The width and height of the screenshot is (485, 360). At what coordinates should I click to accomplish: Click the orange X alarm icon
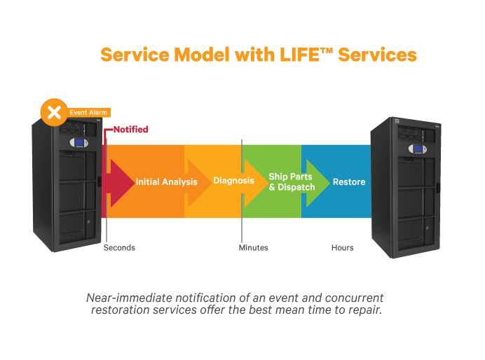point(53,113)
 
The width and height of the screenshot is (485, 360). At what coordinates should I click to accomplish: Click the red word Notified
point(131,130)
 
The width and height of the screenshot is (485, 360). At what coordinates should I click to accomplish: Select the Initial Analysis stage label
point(166,182)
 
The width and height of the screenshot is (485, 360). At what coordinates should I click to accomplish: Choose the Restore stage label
point(348,182)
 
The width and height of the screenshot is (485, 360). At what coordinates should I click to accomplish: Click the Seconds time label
point(119,248)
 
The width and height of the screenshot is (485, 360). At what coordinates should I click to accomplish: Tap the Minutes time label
point(253,248)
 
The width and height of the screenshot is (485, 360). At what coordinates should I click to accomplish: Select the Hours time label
point(343,248)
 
